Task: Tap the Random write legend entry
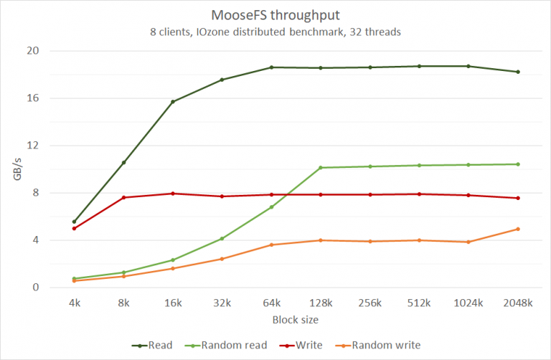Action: [385, 345]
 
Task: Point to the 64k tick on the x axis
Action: [271, 303]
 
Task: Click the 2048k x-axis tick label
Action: [517, 303]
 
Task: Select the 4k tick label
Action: [74, 303]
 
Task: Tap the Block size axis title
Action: [296, 319]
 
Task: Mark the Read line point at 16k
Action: [173, 102]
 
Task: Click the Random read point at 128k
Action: [321, 168]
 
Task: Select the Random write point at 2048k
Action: [517, 229]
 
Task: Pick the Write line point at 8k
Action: [123, 197]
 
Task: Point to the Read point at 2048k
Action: [517, 72]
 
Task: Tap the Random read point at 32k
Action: [222, 238]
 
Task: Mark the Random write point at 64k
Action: [271, 245]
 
